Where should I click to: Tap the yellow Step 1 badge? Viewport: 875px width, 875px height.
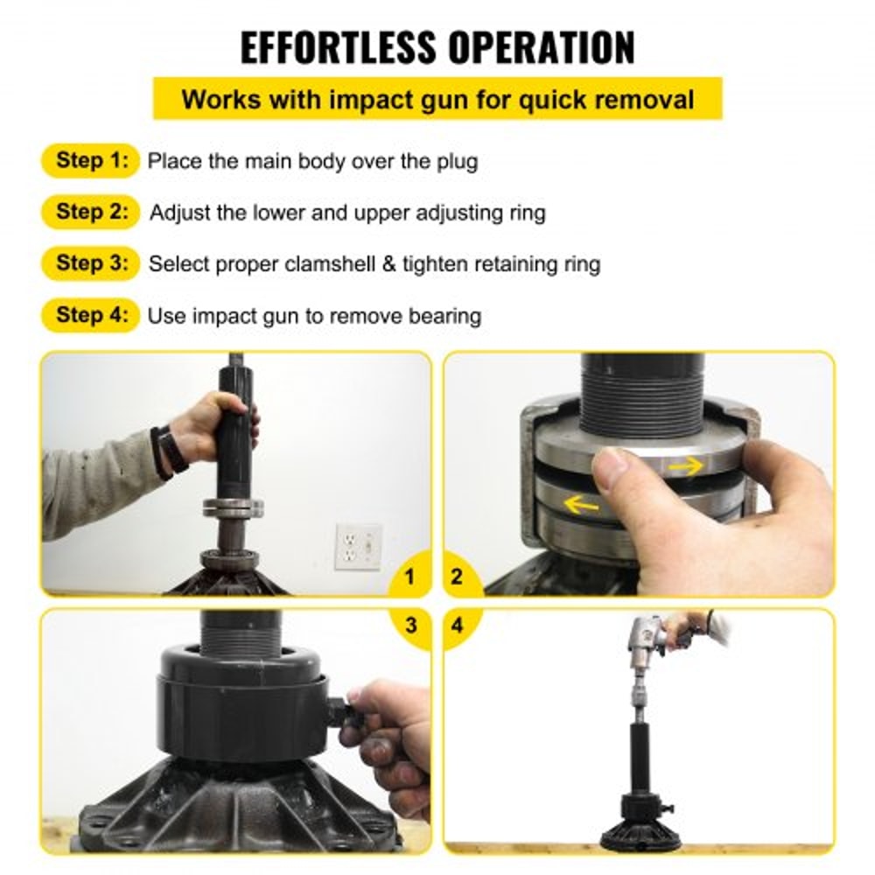90,161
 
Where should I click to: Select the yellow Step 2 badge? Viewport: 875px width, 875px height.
90,212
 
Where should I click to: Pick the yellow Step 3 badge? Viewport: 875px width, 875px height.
90,262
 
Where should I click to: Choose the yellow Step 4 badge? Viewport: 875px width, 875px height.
90,314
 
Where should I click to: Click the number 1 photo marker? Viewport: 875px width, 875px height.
409,577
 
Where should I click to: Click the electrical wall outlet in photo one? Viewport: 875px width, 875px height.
358,547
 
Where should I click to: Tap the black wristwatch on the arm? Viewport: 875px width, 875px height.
166,451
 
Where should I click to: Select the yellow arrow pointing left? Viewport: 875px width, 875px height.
582,503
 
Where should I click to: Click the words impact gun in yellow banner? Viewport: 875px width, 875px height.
378,99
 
